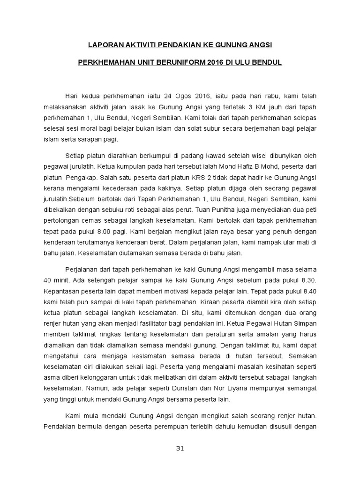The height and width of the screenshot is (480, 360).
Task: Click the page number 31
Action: pyautogui.click(x=180, y=449)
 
